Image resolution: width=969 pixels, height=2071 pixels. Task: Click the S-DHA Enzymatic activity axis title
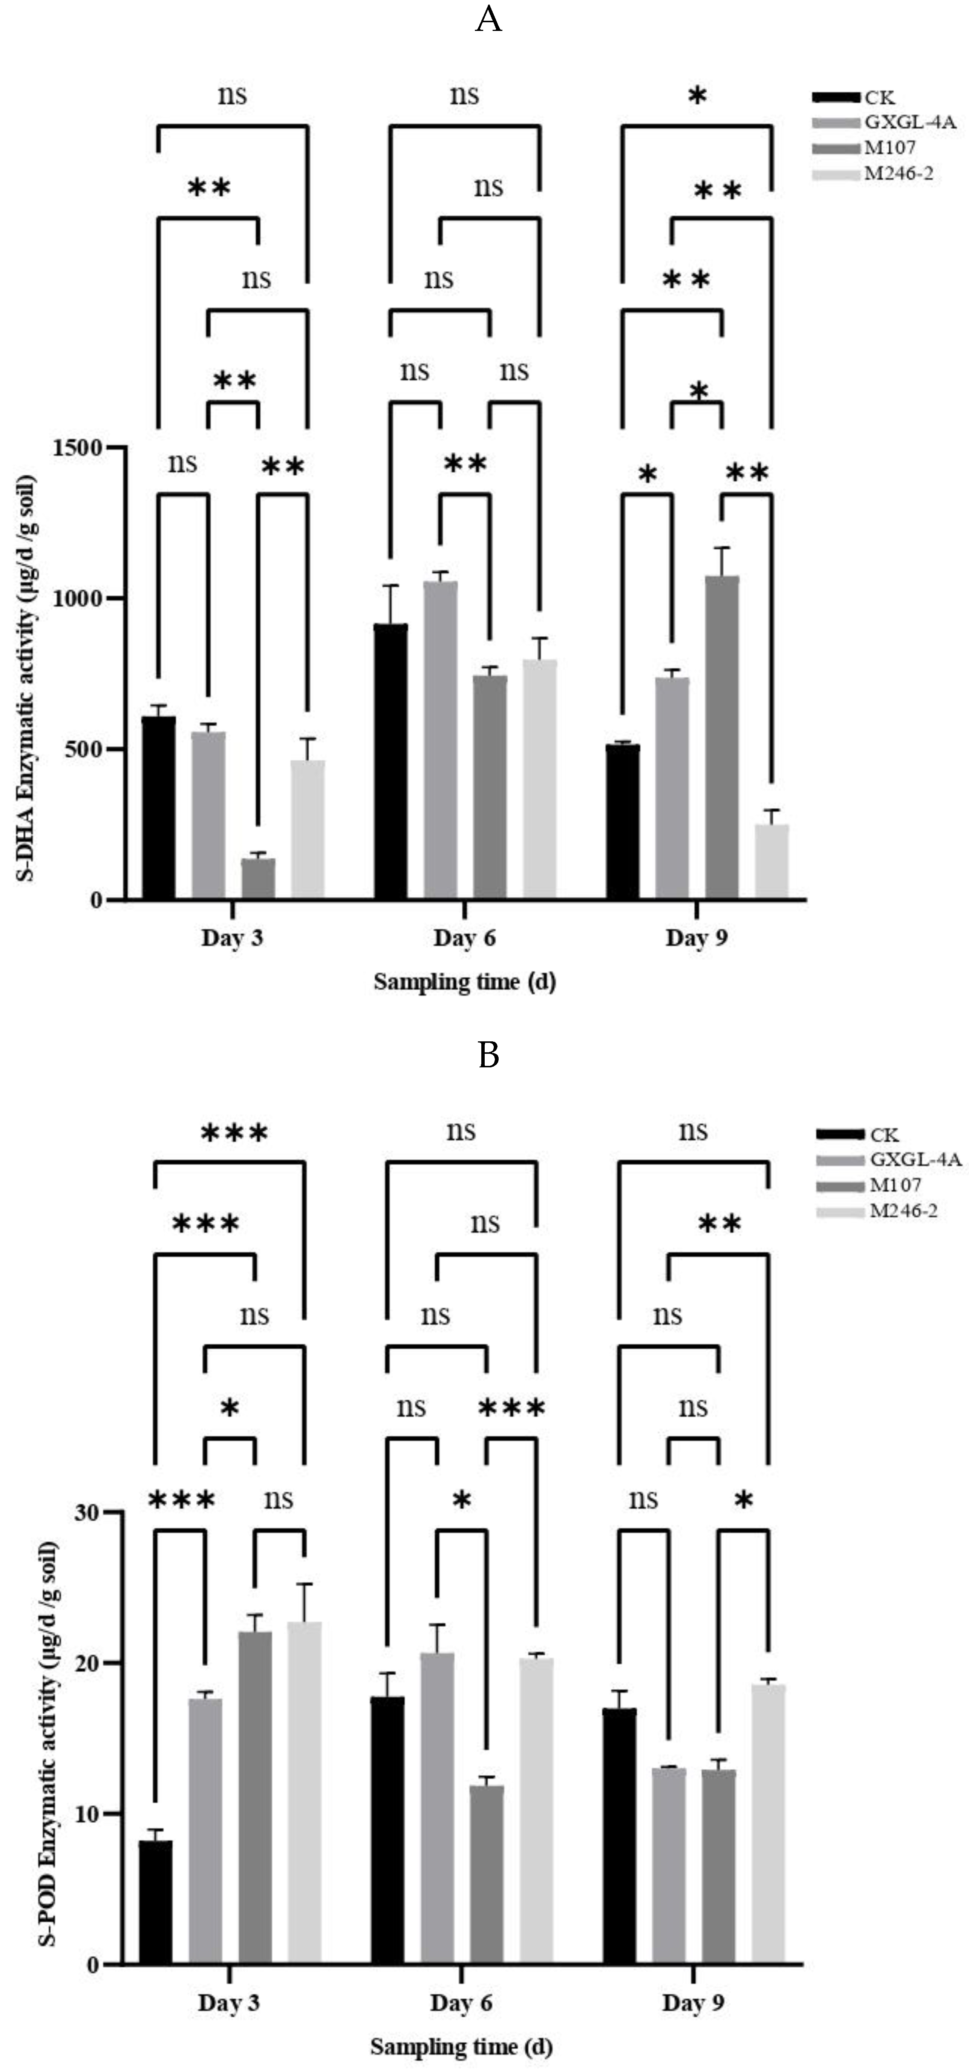click(x=26, y=678)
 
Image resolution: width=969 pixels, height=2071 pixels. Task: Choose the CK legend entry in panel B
click(x=884, y=1134)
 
